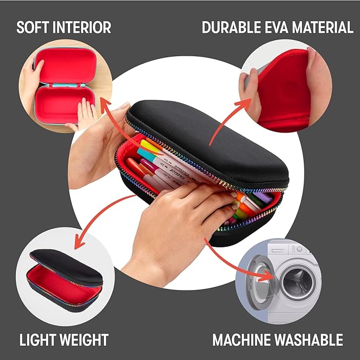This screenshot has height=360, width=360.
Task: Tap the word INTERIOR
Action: pos(82,28)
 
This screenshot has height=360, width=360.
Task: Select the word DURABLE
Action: pos(232,28)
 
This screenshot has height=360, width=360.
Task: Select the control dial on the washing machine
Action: pos(299,249)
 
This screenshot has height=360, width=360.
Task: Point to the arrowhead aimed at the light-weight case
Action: pos(79,244)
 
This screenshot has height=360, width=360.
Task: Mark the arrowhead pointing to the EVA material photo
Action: pos(244,102)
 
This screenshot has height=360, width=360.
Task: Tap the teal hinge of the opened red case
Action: pos(65,85)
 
